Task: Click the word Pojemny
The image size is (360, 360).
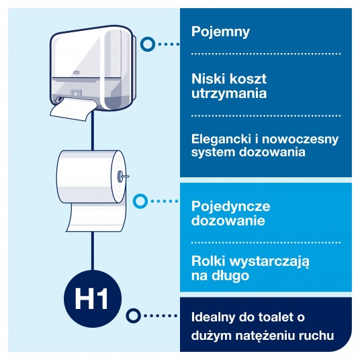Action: coord(220,32)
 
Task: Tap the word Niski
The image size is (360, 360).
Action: coord(208,79)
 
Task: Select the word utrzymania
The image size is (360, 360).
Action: coord(229,93)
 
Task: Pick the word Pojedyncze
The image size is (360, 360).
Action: coord(230,206)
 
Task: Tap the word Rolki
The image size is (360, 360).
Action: coord(208,261)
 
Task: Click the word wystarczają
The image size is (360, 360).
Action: coord(269,262)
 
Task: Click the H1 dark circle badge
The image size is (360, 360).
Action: coord(92,299)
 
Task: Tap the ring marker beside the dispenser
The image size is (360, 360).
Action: coord(148,44)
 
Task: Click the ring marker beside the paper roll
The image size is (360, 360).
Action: coord(140,201)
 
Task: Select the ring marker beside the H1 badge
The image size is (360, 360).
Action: coord(133,316)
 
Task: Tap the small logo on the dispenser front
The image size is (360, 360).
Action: coord(76,73)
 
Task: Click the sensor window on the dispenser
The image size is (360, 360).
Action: coord(76,93)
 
